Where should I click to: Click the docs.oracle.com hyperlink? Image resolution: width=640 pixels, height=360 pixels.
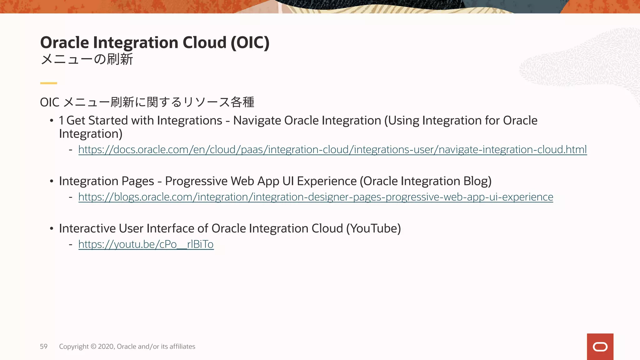[x=332, y=150]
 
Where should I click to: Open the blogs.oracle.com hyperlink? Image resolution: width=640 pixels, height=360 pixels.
[x=316, y=197]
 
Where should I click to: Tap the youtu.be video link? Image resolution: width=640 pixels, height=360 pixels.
[x=146, y=244]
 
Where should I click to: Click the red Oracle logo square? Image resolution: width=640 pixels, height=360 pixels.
[x=600, y=347]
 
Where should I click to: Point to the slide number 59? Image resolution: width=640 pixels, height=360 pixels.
[x=44, y=347]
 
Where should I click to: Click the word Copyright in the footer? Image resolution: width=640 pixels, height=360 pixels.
[x=74, y=347]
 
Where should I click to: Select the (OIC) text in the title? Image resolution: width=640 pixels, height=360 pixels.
[x=250, y=42]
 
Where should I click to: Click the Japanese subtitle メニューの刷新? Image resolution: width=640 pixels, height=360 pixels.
[x=87, y=59]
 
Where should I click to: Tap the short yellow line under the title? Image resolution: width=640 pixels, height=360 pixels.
[x=48, y=83]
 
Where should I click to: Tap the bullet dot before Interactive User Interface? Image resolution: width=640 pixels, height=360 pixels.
[x=52, y=229]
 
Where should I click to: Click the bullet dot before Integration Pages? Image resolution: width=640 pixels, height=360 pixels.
[x=52, y=182]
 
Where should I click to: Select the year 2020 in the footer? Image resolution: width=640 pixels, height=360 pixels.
[x=106, y=347]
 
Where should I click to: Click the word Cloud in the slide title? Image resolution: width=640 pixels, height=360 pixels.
[x=204, y=42]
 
